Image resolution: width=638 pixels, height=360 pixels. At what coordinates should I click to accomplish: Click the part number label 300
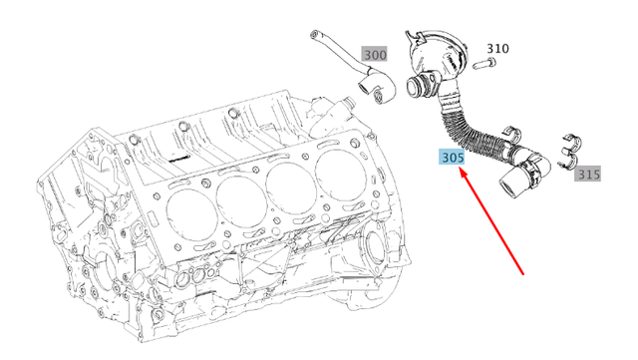376,55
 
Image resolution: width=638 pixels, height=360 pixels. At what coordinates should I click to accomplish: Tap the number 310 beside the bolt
497,48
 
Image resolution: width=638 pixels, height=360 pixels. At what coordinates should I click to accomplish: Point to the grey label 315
588,175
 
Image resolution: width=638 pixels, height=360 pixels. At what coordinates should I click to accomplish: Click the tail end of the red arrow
525,271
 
